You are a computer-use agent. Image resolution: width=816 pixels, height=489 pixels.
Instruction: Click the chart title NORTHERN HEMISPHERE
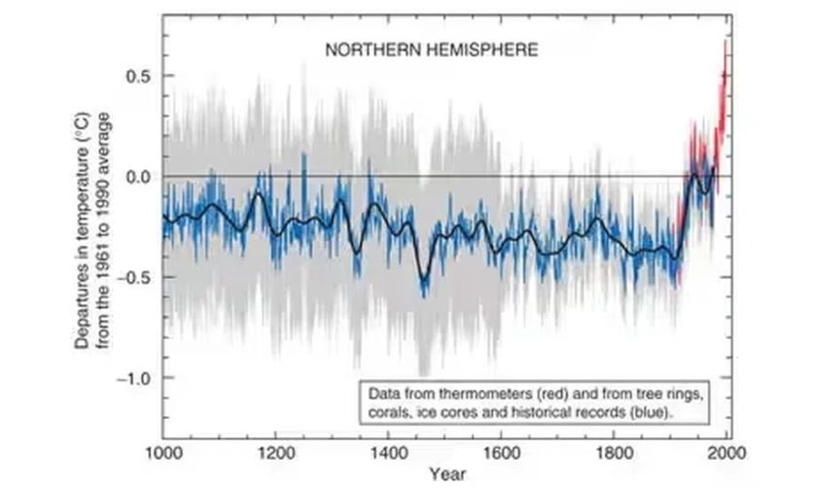pyautogui.click(x=432, y=48)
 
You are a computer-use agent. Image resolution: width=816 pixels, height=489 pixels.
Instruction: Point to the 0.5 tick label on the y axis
pyautogui.click(x=139, y=76)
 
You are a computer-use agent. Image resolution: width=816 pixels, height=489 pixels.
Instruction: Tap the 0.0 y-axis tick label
pyautogui.click(x=139, y=176)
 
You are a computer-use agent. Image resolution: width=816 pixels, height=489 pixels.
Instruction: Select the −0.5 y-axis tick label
pyautogui.click(x=136, y=277)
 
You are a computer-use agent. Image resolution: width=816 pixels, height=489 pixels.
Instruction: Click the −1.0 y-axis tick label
pyautogui.click(x=136, y=377)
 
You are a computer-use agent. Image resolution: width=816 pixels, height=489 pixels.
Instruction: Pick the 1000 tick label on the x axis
pyautogui.click(x=163, y=454)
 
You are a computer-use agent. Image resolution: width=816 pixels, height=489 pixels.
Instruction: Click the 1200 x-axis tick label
pyautogui.click(x=275, y=454)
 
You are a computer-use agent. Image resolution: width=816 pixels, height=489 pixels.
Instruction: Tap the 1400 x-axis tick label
pyautogui.click(x=388, y=454)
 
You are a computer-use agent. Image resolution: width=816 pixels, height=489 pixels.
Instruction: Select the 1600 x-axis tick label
pyautogui.click(x=501, y=454)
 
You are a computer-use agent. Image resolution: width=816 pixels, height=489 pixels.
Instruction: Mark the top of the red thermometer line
pyautogui.click(x=726, y=41)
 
